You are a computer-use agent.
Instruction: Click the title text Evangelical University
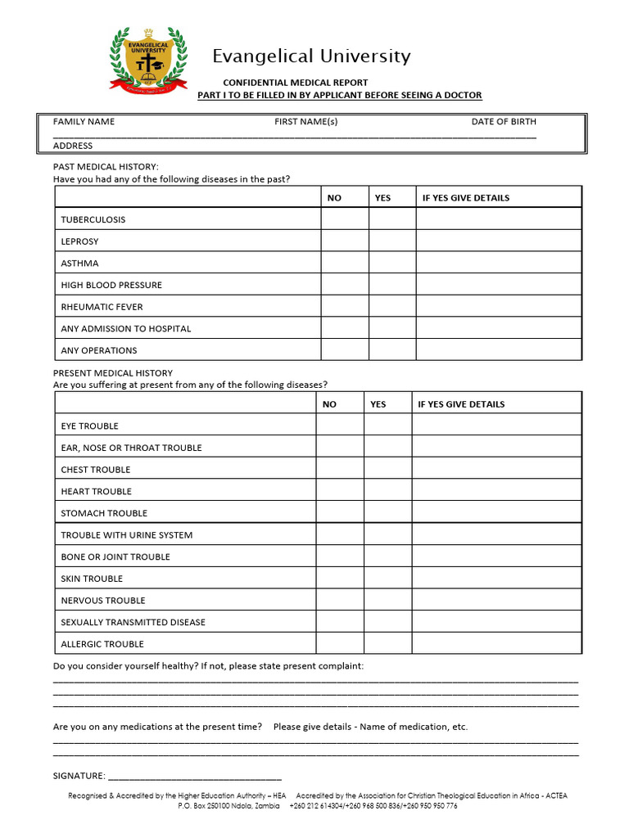pos(311,56)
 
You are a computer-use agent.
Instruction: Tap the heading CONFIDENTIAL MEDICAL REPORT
pos(296,83)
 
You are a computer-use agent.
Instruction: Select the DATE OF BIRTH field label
pos(504,122)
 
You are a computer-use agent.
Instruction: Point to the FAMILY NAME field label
pos(84,122)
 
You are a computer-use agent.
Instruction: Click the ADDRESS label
pos(73,146)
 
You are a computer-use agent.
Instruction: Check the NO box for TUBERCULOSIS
pos(344,219)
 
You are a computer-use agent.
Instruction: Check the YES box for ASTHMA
pos(392,264)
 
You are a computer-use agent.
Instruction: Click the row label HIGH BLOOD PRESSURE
pos(111,285)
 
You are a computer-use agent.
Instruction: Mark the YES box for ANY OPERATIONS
pos(392,350)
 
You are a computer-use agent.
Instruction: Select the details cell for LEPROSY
pos(499,241)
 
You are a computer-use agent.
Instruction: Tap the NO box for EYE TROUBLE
pos(340,426)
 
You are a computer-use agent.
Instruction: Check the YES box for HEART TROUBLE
pos(387,491)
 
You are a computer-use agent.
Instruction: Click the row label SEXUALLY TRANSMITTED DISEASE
pos(133,622)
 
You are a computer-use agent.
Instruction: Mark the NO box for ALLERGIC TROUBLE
pos(340,644)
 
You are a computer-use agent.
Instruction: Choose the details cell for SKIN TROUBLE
pos(496,579)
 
